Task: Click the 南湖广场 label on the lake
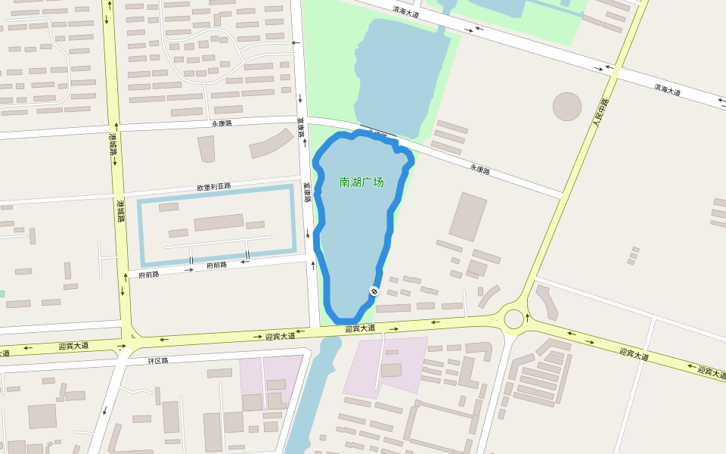[361, 182]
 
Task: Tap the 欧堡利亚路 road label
[214, 187]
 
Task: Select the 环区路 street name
[158, 360]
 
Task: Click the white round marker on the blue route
[374, 291]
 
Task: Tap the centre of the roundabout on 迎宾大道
[513, 318]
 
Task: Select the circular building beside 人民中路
[566, 107]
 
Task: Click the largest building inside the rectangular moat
[219, 222]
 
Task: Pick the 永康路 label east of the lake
[479, 170]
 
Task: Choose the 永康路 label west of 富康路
[222, 123]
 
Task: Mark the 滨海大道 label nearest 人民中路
[667, 89]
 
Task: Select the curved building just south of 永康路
[271, 143]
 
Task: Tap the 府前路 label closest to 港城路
[149, 274]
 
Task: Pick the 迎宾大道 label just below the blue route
[360, 328]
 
